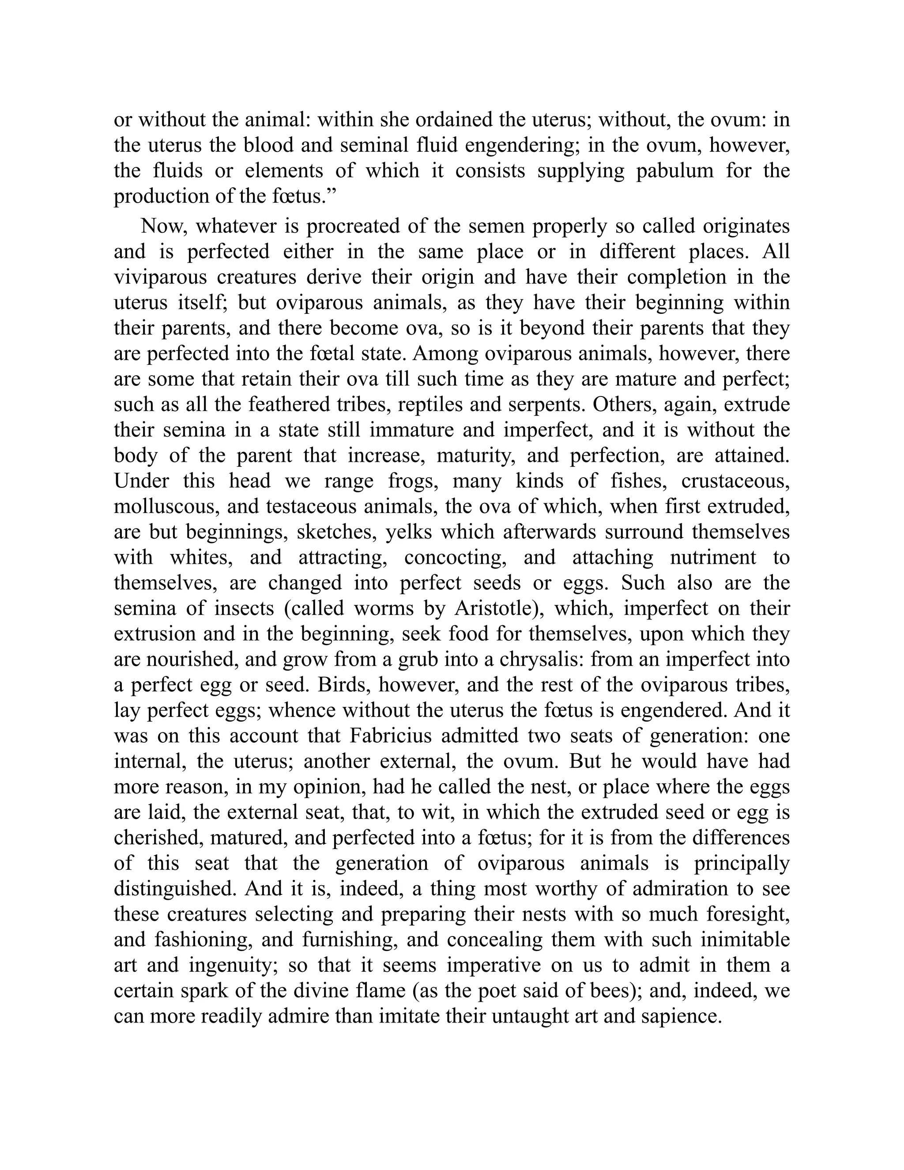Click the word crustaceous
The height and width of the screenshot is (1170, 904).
(735, 481)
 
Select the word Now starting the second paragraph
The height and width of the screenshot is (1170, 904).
(163, 226)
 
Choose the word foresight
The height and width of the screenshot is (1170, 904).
(748, 914)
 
